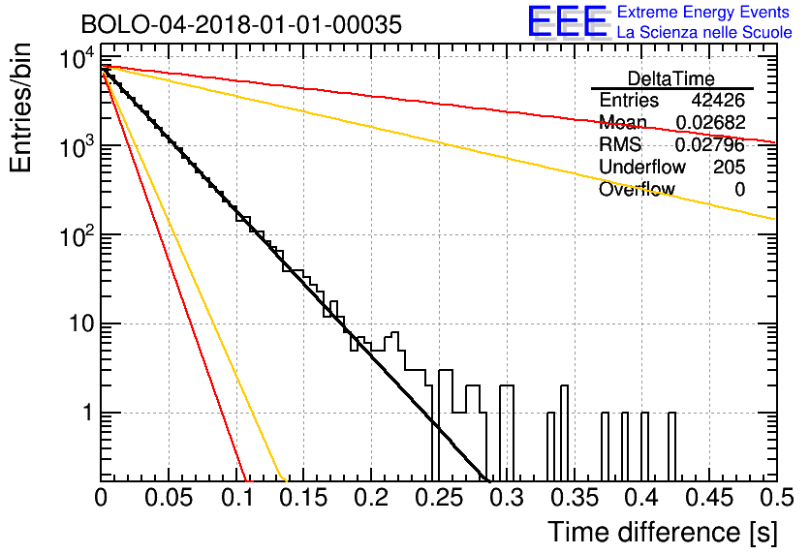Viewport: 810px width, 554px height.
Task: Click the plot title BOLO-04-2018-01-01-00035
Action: [x=241, y=24]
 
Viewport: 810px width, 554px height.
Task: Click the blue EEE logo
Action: [x=567, y=21]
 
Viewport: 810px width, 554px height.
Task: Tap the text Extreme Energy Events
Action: [x=703, y=12]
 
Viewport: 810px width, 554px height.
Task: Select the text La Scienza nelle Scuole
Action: [x=704, y=32]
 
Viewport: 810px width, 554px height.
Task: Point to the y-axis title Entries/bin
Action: [x=20, y=108]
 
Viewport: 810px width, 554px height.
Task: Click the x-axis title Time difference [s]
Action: [x=663, y=533]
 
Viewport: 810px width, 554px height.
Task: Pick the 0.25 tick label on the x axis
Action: [x=439, y=498]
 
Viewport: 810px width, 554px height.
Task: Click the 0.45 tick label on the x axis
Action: [x=710, y=498]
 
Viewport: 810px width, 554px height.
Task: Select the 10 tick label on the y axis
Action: [x=81, y=324]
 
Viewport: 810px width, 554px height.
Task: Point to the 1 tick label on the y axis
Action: [x=88, y=413]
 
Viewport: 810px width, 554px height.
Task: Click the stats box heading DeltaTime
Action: [x=671, y=78]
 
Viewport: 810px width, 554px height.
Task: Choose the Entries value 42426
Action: [x=718, y=100]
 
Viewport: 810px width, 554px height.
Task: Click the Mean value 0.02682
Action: [x=710, y=122]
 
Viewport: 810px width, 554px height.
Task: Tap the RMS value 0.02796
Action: [x=710, y=144]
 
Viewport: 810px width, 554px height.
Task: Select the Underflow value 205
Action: [x=729, y=167]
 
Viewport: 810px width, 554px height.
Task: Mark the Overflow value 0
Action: [x=739, y=190]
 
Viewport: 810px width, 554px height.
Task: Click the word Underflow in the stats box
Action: [x=642, y=167]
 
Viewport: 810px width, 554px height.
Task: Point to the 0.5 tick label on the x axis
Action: [x=777, y=498]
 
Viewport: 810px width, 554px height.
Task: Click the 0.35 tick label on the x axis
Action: [x=575, y=498]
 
